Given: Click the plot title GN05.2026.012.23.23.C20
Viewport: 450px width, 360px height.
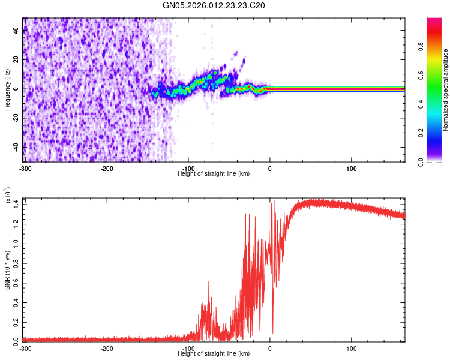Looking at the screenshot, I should tap(214, 5).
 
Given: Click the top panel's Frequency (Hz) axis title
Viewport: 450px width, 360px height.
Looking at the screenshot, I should tap(7, 90).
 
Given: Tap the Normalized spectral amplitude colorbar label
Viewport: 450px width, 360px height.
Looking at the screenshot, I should tap(446, 90).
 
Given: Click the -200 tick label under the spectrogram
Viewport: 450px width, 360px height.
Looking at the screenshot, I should tap(107, 168).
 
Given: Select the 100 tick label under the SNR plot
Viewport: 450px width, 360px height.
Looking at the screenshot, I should tap(351, 348).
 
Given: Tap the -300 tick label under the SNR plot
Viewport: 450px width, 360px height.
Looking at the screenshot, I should tap(25, 348).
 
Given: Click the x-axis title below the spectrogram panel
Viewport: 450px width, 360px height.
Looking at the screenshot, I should tap(214, 173).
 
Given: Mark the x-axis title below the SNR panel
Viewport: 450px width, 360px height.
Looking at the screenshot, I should tap(214, 353).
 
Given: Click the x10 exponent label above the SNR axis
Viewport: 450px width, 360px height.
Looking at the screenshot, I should tap(8, 195).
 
